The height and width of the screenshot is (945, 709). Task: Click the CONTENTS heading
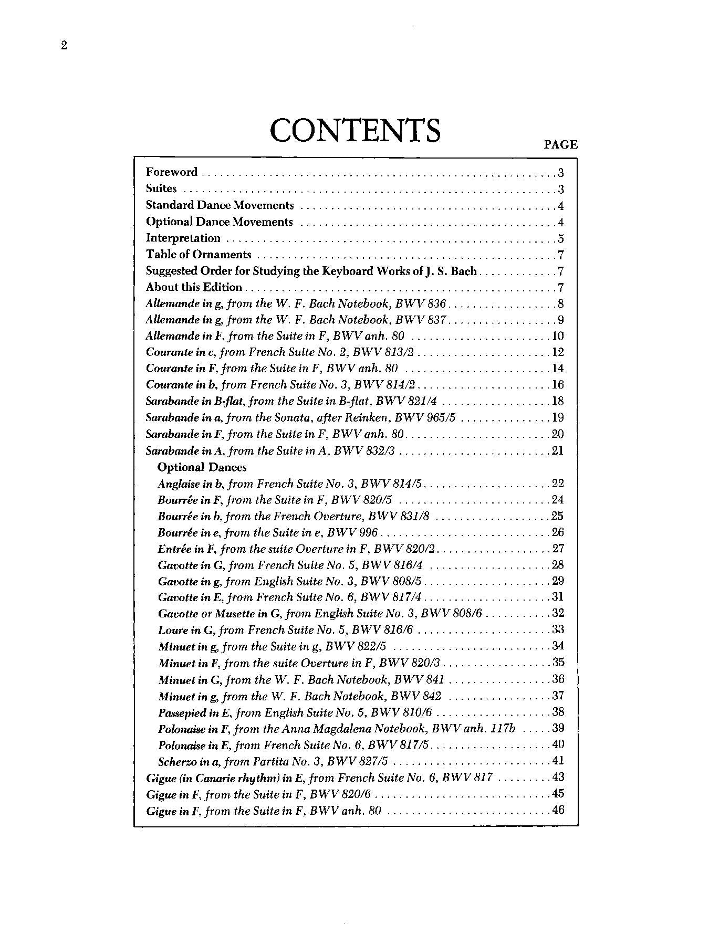coord(355,131)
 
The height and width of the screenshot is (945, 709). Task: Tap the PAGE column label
coord(560,144)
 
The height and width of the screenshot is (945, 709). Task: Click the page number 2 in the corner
coord(64,46)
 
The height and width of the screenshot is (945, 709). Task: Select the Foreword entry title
coord(172,172)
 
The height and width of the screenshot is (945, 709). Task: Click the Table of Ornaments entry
coord(199,255)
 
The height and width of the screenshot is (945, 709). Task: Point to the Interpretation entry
coord(183,238)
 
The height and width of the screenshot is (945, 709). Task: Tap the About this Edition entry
coord(194,287)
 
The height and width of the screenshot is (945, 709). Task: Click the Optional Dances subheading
coord(202,467)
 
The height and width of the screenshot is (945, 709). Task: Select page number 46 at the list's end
coord(557,810)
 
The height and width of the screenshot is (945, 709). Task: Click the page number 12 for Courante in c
coord(557,352)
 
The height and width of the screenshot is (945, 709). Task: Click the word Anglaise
coord(178,484)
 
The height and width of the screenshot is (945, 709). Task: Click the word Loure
coord(172,630)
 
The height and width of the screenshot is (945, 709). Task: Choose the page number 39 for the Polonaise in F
coord(557,728)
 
